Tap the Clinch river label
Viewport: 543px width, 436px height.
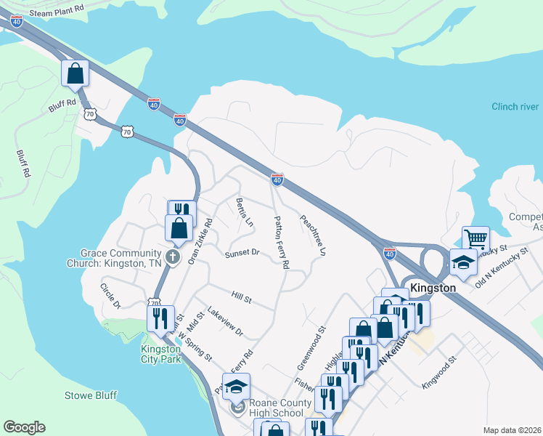coord(515,107)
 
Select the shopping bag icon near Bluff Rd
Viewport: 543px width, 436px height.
coord(75,73)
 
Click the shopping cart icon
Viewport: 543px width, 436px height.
coord(475,239)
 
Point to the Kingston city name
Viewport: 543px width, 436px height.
coord(433,288)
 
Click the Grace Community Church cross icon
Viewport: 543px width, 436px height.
coord(173,257)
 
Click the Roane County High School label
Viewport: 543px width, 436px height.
coord(276,408)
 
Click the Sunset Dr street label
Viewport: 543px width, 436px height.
coord(242,253)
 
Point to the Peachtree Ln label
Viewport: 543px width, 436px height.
coord(313,235)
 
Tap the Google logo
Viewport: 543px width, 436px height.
coord(24,427)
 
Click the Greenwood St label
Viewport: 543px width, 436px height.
coord(309,347)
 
